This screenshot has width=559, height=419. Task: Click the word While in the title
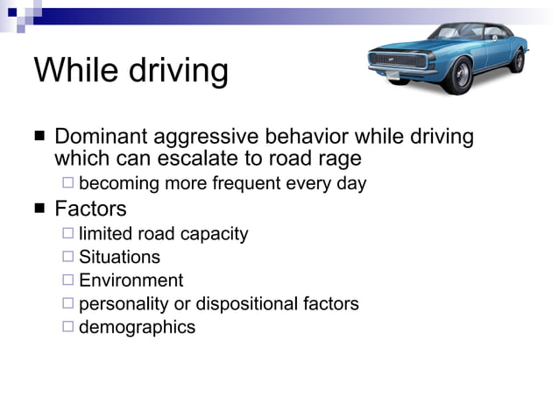click(x=73, y=70)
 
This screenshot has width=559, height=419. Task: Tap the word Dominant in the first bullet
click(x=100, y=137)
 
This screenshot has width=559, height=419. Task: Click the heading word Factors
click(x=90, y=209)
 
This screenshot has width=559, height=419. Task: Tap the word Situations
click(x=119, y=257)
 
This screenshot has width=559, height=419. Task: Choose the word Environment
click(x=131, y=281)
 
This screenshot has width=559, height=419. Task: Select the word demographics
click(x=137, y=328)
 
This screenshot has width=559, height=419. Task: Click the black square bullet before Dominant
click(x=39, y=138)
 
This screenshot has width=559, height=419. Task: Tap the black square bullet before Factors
click(x=39, y=209)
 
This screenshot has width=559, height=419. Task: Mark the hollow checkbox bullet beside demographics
click(x=68, y=327)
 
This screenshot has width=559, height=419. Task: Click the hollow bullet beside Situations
click(x=68, y=256)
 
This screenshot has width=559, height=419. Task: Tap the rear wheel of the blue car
click(x=518, y=60)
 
